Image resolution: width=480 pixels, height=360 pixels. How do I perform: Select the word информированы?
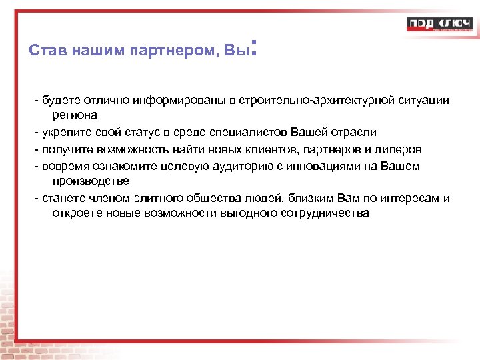point(179,100)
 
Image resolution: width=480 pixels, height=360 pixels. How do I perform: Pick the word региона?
point(75,115)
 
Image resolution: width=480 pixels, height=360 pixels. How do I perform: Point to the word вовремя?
point(64,165)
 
